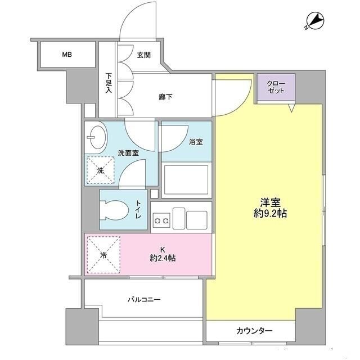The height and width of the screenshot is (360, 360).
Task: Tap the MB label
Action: (x=67, y=55)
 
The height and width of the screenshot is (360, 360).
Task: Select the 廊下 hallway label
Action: (x=166, y=96)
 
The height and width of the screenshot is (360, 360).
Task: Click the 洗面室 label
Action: (x=128, y=152)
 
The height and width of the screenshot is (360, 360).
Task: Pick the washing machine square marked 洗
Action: (x=100, y=170)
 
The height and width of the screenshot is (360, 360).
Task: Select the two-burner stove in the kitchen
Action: (x=161, y=218)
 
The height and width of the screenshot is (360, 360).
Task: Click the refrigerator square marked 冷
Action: (x=103, y=254)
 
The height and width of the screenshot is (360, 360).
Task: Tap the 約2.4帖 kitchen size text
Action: (x=162, y=258)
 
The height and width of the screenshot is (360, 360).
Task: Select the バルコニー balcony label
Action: (x=143, y=299)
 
